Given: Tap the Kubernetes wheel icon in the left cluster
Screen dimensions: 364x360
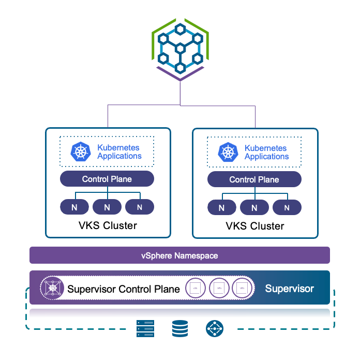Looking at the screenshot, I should click(x=80, y=152).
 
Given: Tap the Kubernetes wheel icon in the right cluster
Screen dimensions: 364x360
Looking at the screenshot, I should click(x=228, y=152).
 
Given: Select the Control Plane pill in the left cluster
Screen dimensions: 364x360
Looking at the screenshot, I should click(x=107, y=179).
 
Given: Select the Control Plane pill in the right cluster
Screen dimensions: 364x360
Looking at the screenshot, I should click(x=254, y=180).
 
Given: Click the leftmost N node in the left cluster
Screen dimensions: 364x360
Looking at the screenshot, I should click(x=74, y=207).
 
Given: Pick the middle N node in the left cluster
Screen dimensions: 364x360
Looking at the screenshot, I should click(x=107, y=207).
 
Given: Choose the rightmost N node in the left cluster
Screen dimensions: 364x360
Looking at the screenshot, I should click(x=140, y=207).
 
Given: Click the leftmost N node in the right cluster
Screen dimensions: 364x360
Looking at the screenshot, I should click(x=221, y=208).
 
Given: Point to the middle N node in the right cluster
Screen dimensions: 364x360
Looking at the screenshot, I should click(x=254, y=208).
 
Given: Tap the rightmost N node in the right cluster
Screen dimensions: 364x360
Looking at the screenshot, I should click(x=287, y=208).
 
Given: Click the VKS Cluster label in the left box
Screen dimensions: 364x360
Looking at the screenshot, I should click(x=108, y=225).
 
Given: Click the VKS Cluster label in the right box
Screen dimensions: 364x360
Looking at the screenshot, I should click(x=254, y=226).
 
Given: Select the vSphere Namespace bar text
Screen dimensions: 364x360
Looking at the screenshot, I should click(x=179, y=255).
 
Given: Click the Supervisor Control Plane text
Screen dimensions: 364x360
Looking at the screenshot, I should click(x=124, y=289).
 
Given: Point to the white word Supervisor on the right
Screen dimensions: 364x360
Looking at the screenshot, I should click(x=289, y=289).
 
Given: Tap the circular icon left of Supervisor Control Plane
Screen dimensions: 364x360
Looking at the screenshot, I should click(x=51, y=288).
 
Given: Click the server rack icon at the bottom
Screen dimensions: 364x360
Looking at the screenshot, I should click(x=145, y=328).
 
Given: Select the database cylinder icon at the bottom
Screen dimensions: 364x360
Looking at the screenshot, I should click(x=180, y=328).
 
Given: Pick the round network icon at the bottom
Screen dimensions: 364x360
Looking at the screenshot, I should click(x=214, y=328).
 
